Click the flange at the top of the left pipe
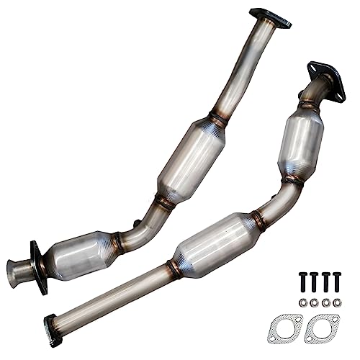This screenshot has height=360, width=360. click(269, 18)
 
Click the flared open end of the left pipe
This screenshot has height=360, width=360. click(15, 272)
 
